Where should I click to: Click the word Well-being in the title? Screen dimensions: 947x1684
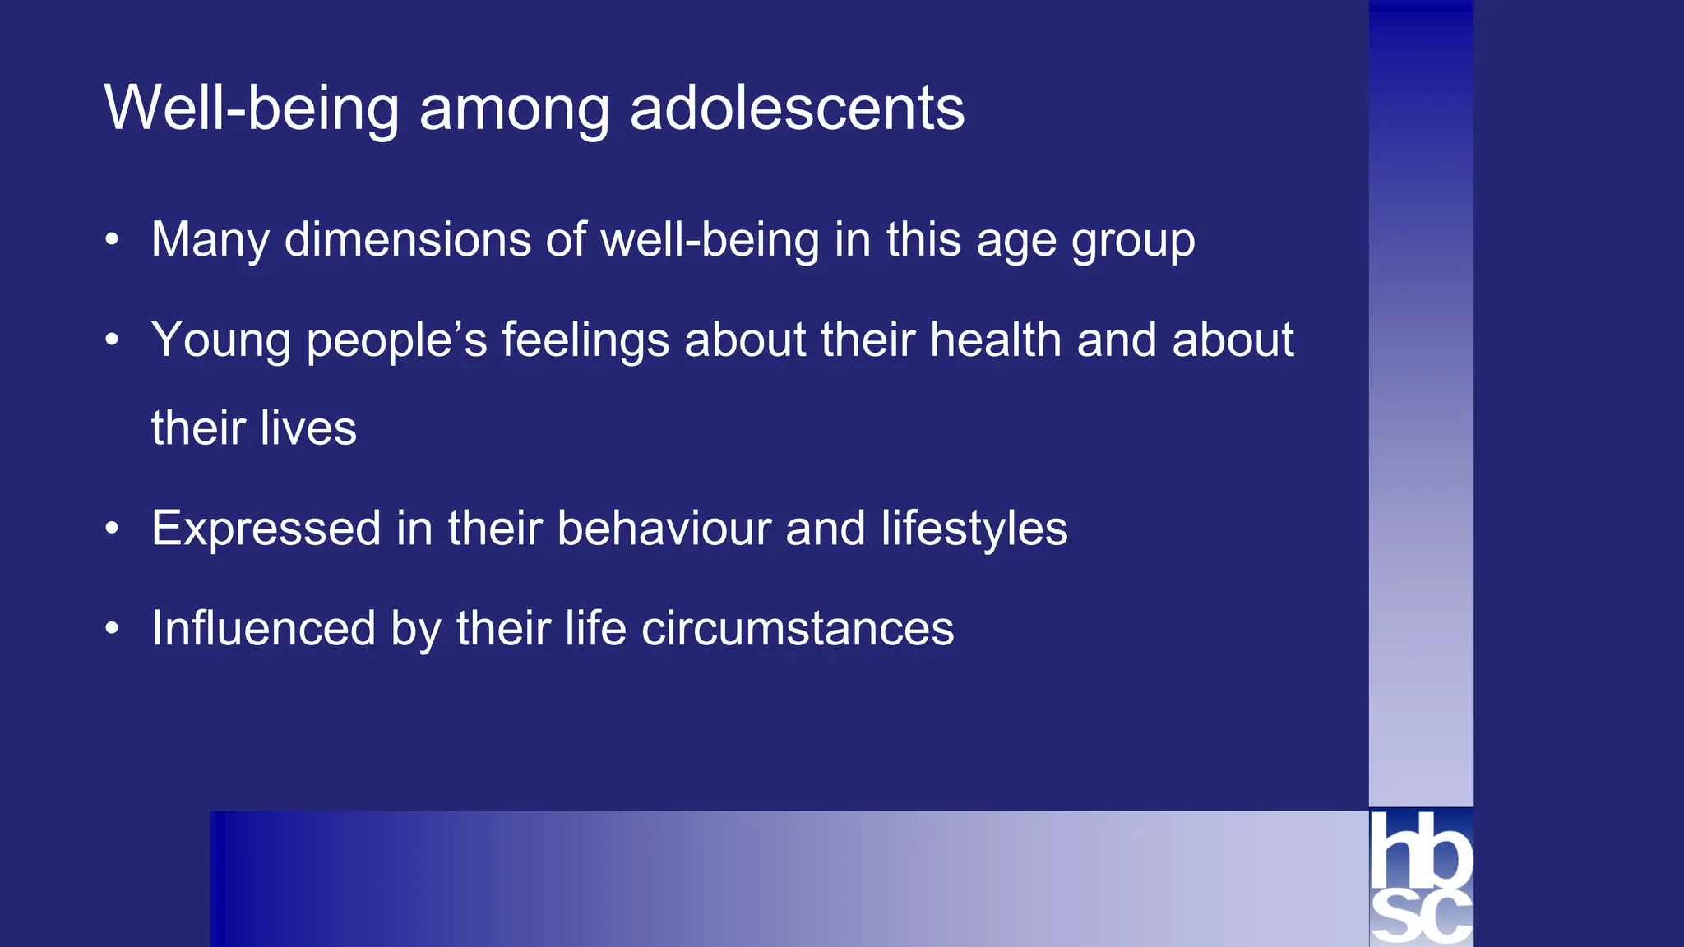[x=252, y=108]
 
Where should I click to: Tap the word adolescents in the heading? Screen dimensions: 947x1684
[x=797, y=108]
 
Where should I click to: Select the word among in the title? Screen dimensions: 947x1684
[x=514, y=109]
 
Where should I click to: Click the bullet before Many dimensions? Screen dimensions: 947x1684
[x=113, y=240]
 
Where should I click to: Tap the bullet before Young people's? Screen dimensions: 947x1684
[x=113, y=340]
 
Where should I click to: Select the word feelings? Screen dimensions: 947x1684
[x=585, y=340]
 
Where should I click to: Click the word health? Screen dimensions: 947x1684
[x=996, y=340]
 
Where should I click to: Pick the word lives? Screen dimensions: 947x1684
[x=308, y=428]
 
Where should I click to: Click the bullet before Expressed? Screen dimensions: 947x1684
[x=113, y=528]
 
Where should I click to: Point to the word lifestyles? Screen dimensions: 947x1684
[x=974, y=529]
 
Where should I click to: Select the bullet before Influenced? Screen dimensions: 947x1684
[x=113, y=629]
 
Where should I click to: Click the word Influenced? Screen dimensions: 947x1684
[x=263, y=629]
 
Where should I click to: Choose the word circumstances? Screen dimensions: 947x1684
[x=797, y=629]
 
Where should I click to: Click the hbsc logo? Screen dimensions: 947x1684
[x=1421, y=877]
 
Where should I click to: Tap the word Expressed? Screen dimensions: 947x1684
[x=266, y=529]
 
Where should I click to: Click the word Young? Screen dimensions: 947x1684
[x=220, y=340]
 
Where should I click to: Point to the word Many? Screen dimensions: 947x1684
[x=210, y=241]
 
